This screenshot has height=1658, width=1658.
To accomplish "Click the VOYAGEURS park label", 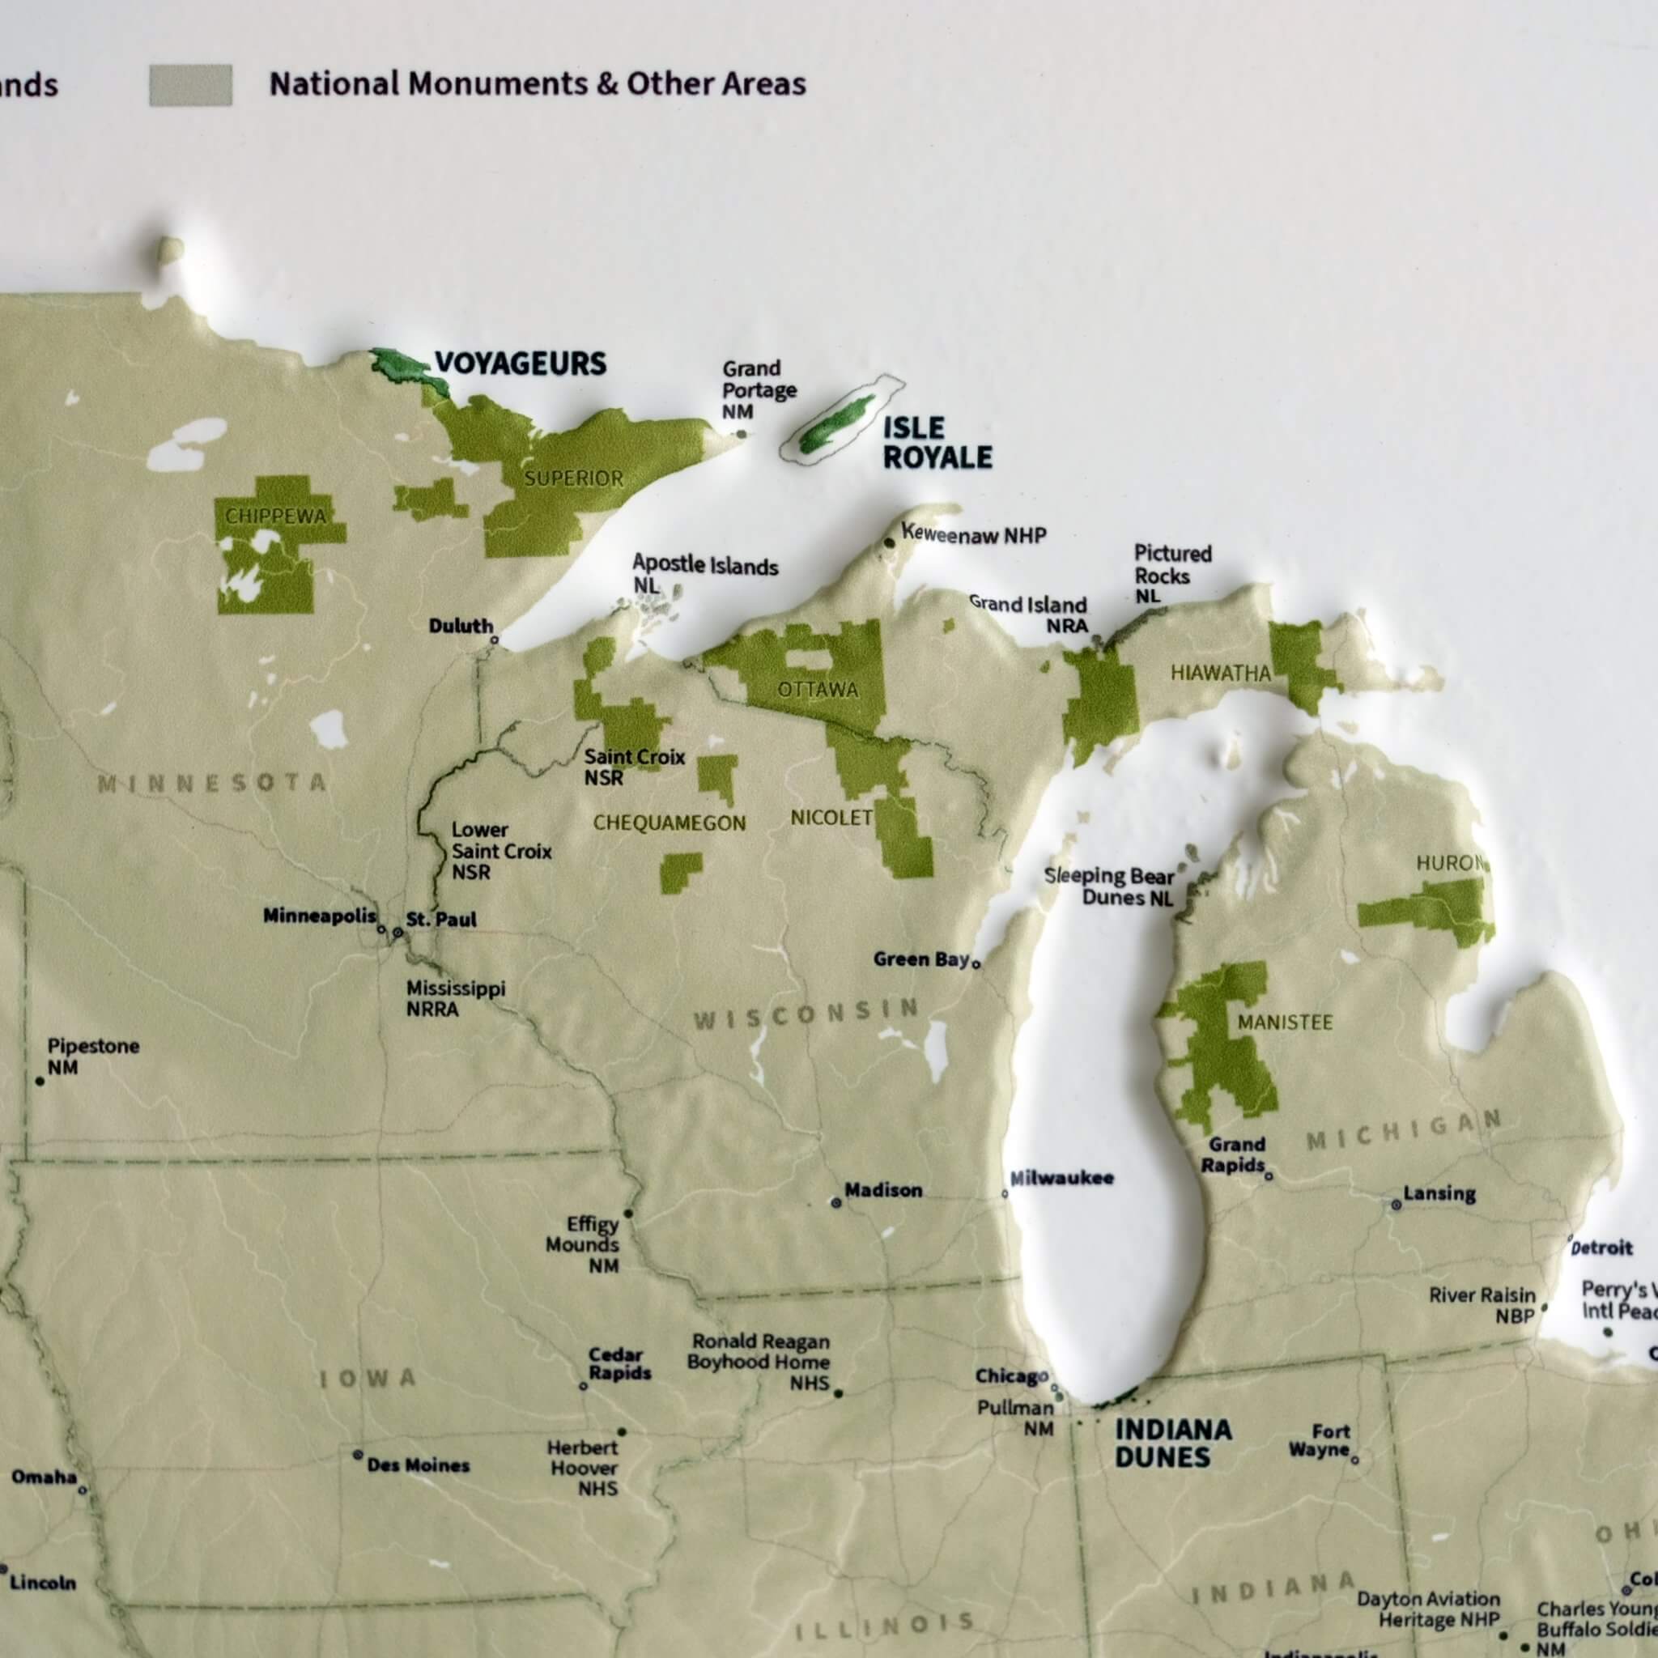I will tap(520, 363).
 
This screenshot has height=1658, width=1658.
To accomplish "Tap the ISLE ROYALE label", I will tap(937, 443).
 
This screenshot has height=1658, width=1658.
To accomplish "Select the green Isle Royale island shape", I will tap(837, 424).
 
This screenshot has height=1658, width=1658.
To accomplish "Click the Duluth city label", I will tap(461, 626).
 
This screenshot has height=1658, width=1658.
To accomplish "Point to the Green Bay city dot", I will tap(976, 963).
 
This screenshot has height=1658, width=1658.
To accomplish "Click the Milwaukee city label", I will tap(1061, 1178).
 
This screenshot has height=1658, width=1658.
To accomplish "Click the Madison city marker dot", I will tap(835, 1203).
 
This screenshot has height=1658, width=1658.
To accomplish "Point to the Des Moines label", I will tap(418, 1465).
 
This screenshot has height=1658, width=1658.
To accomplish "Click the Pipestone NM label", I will tap(92, 1056).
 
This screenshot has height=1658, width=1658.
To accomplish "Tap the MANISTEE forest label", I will tap(1285, 1022).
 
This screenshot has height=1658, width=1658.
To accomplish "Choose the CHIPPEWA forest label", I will tap(275, 516).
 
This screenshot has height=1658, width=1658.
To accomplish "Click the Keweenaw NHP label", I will tap(973, 534).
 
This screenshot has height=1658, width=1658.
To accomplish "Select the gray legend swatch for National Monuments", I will tap(190, 85).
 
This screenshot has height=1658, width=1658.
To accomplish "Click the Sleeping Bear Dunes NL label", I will tap(1109, 886).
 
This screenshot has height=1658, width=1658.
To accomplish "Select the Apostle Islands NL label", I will tap(704, 572).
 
